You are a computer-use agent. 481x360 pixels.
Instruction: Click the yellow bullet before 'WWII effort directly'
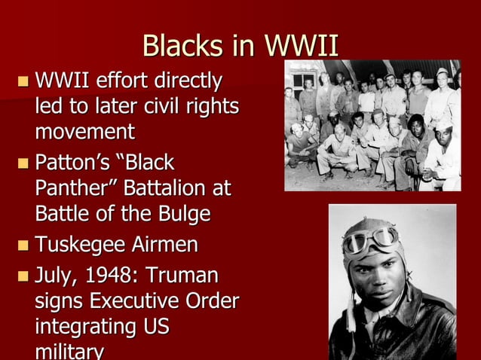pyautogui.click(x=24, y=80)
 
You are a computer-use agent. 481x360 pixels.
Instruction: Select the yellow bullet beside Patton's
pyautogui.click(x=24, y=163)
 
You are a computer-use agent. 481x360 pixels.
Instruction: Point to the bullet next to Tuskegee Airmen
pyautogui.click(x=24, y=245)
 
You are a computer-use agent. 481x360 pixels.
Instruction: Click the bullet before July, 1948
pyautogui.click(x=24, y=274)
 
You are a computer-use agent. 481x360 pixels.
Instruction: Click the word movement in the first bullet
pyautogui.click(x=84, y=133)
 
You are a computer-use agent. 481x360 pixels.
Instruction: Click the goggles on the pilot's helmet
pyautogui.click(x=370, y=240)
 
